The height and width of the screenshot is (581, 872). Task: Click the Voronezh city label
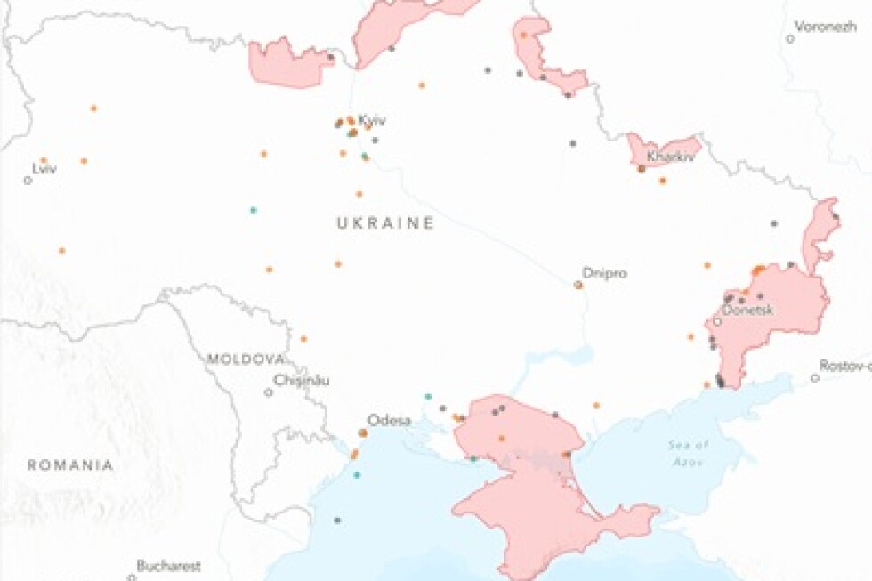tap(825, 26)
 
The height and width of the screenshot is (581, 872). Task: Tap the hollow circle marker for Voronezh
tap(790, 38)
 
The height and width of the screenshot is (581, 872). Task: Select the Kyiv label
tap(372, 120)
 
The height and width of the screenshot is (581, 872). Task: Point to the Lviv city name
tap(44, 168)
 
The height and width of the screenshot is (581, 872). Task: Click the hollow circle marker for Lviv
tap(28, 180)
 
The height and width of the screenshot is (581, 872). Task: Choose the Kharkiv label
tap(670, 157)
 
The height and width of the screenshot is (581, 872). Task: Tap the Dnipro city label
tap(604, 273)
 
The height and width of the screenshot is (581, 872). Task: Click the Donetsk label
tap(747, 310)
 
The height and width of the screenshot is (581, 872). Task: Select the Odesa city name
tap(389, 420)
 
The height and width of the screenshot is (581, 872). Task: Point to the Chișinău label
tap(302, 380)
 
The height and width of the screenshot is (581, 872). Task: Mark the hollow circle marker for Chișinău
tap(269, 391)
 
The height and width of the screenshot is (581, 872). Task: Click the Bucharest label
tap(168, 565)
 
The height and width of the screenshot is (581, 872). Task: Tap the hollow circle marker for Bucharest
tap(132, 577)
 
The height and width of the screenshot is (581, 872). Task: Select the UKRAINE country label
tap(385, 223)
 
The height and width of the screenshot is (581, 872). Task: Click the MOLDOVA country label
tap(246, 359)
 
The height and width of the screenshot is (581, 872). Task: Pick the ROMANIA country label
tap(70, 464)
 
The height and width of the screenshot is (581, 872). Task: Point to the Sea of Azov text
tap(689, 450)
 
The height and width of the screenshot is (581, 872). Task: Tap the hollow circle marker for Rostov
tap(815, 378)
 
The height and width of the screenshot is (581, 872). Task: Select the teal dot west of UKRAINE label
tap(254, 210)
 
